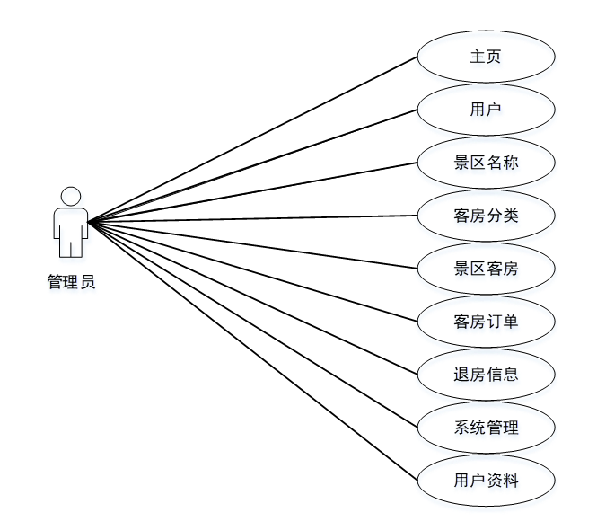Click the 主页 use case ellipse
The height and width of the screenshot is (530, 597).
coord(486,57)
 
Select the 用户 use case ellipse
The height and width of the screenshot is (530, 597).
coord(486,110)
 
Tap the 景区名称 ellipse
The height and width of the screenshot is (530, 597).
coord(486,163)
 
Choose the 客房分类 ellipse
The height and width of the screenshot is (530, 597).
coord(486,216)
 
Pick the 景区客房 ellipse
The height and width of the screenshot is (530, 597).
coord(486,269)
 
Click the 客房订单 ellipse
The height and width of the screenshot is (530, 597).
coord(486,321)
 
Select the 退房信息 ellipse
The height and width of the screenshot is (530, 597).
coord(486,374)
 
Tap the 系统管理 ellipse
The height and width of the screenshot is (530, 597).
coord(486,427)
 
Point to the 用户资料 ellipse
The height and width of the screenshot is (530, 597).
coord(486,480)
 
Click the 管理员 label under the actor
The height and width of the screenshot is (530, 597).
coord(71,282)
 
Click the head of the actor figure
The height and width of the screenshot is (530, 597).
coord(71,195)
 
